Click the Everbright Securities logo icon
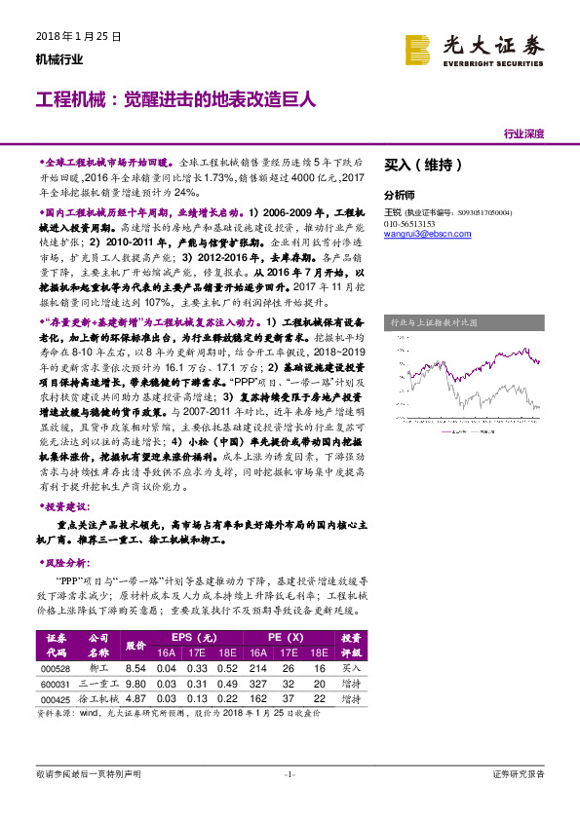[418, 48]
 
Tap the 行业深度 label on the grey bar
[524, 133]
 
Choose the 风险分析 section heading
[66, 564]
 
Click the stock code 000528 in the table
[57, 668]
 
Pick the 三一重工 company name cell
[98, 684]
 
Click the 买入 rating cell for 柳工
[350, 668]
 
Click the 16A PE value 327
[258, 684]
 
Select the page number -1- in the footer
[289, 774]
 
